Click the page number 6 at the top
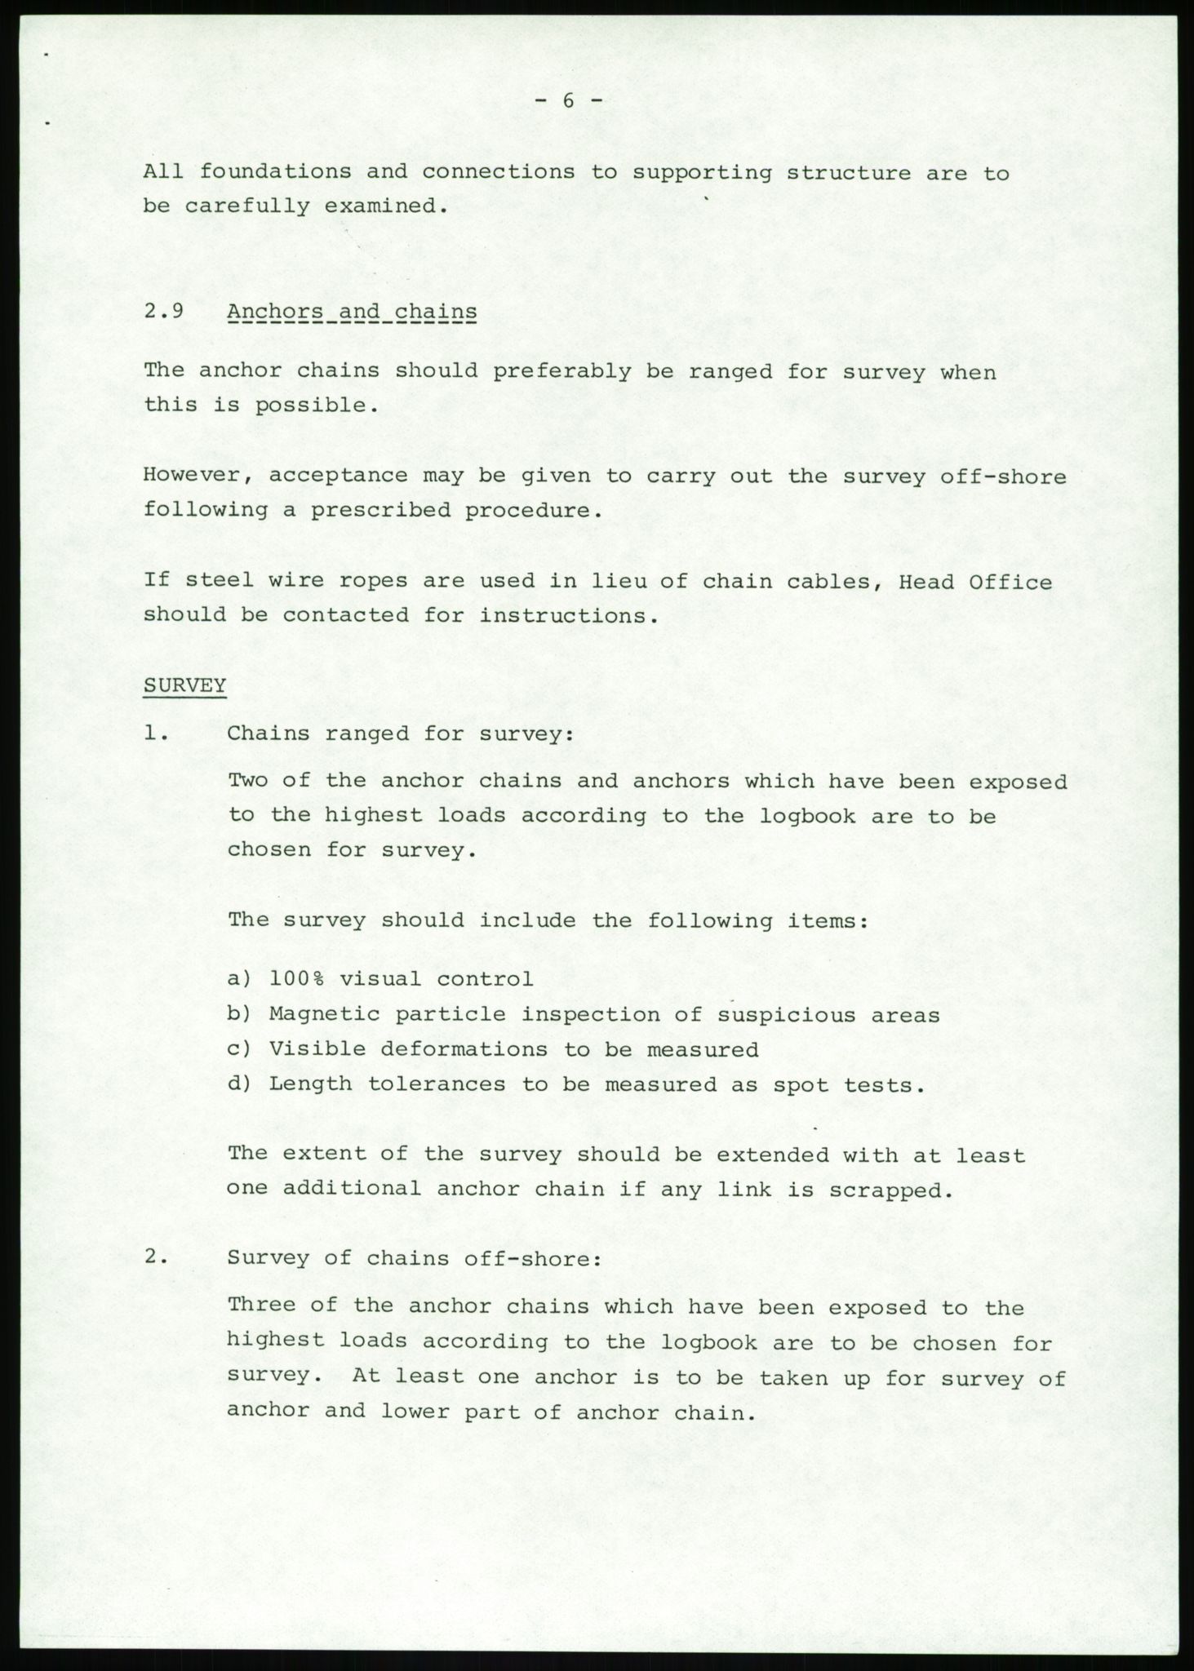click(x=569, y=101)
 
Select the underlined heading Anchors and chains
click(x=352, y=312)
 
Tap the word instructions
click(x=567, y=616)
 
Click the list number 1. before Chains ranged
click(x=155, y=734)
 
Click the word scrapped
click(x=890, y=1190)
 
